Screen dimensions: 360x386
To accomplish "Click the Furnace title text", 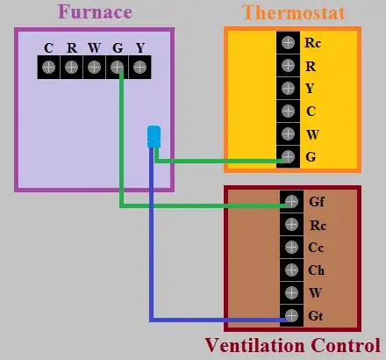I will pos(95,12).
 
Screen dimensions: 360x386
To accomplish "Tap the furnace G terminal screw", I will pos(117,68).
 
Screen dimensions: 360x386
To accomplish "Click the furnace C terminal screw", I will pos(48,68).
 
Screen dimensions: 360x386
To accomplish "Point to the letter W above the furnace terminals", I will pos(94,47).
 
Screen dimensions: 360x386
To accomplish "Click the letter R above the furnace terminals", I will pos(71,47).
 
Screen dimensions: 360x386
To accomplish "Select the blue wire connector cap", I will pos(154,136).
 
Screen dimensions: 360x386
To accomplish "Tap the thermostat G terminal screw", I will pos(288,157).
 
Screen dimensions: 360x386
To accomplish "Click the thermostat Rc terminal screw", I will pos(288,42).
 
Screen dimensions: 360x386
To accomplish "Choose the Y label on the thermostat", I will pos(310,88).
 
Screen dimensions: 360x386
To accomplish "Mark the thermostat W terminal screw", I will pos(288,134).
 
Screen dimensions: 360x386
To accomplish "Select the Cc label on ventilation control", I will pos(316,248).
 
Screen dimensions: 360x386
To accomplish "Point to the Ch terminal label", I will pos(316,270).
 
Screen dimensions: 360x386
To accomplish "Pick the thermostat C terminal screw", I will pos(288,112).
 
